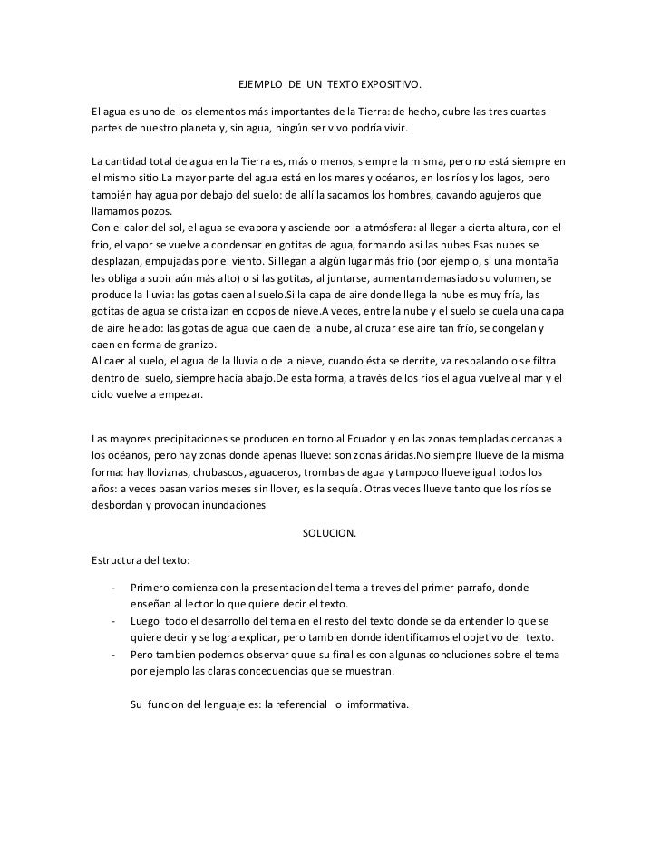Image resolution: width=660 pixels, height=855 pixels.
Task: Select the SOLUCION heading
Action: [329, 533]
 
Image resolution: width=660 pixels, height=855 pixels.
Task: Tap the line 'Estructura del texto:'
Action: [135, 560]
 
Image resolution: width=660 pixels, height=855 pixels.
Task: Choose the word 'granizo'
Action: [193, 341]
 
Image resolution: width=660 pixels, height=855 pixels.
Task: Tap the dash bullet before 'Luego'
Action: [113, 621]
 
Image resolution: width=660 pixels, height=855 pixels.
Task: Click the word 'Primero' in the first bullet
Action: [150, 588]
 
